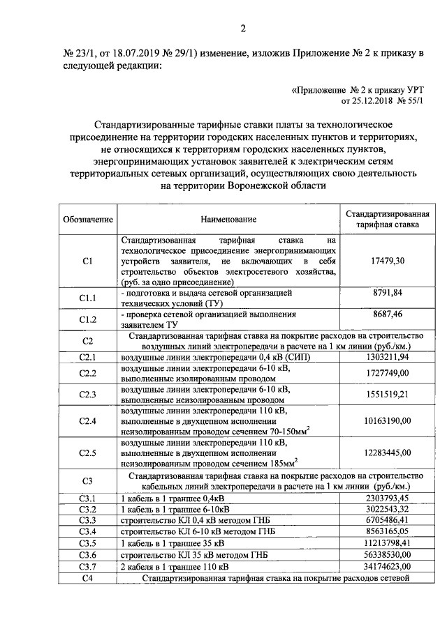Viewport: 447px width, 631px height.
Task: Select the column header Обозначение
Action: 88,219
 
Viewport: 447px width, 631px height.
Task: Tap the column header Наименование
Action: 228,219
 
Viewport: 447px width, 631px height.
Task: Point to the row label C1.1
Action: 88,298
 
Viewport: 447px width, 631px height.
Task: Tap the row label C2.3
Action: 88,395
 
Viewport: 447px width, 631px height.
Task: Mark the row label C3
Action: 88,480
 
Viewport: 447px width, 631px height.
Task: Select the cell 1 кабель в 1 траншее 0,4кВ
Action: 174,498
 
